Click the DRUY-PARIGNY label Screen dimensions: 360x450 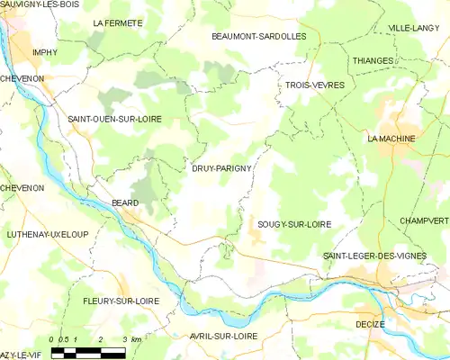tap(220, 167)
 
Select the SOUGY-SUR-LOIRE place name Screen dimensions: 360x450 tap(293, 223)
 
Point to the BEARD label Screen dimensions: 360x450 tap(124, 203)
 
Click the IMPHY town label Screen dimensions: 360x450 tap(45, 52)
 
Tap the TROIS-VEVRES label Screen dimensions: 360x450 tap(310, 84)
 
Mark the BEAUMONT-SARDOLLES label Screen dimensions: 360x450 tap(258, 36)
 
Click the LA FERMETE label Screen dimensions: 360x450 tap(118, 21)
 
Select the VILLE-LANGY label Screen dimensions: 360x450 tap(414, 29)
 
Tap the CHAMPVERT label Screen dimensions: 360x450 tap(424, 220)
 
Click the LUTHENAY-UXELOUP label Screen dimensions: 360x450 tap(47, 234)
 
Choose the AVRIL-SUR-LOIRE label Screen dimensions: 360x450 tap(224, 335)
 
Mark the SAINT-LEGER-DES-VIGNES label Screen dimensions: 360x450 tap(385, 256)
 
